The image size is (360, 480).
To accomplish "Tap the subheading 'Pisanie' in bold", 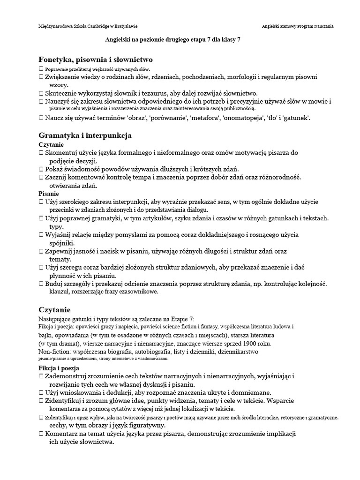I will click(48, 193).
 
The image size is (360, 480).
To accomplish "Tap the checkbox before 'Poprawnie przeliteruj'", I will click(41, 69).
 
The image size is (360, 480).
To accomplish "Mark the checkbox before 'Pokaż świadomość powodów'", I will click(41, 169).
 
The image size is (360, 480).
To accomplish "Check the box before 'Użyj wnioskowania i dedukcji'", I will click(41, 392).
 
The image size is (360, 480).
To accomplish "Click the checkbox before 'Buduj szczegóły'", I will click(41, 284).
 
